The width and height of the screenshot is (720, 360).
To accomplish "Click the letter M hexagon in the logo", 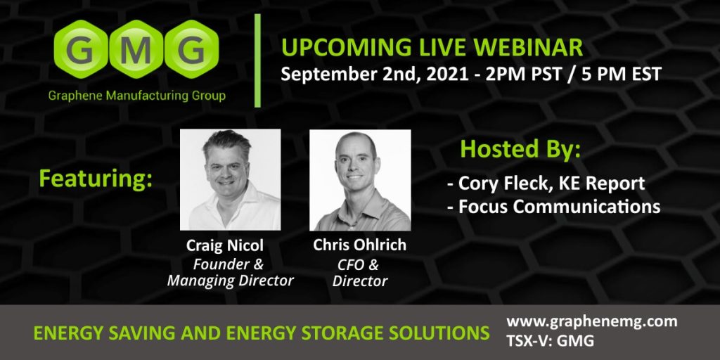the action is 136,49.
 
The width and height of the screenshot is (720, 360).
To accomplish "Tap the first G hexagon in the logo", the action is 82,49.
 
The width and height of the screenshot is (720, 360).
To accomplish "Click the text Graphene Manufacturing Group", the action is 137,96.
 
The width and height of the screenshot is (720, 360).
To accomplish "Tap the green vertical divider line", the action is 257,60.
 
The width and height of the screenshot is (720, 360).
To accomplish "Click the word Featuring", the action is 96,179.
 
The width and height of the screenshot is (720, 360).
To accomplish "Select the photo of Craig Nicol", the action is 230,179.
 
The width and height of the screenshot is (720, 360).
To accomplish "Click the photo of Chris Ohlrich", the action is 360,179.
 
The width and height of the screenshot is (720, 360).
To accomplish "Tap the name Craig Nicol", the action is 225,245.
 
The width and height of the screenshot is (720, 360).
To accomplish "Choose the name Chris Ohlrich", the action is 359,245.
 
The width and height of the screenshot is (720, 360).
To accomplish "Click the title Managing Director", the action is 230,281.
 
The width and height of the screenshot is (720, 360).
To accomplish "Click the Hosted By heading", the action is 520,150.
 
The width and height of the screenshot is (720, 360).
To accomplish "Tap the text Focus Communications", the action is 559,207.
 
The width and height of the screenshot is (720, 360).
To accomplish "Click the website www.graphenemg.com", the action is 592,321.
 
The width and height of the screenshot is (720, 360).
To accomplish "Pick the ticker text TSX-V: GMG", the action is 550,341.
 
